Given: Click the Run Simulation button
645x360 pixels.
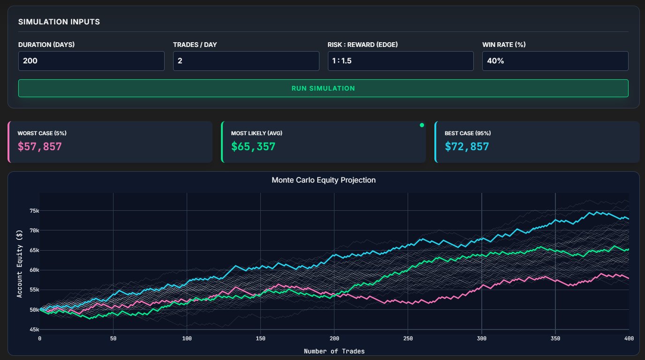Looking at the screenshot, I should (x=323, y=88).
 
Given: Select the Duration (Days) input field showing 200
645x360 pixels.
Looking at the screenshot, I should (x=91, y=61).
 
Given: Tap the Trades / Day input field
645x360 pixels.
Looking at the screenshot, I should (x=246, y=61).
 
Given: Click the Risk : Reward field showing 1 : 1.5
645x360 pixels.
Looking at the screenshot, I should (x=400, y=61).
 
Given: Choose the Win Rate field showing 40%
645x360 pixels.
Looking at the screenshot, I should (x=555, y=61).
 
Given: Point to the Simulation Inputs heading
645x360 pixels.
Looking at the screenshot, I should (x=59, y=22).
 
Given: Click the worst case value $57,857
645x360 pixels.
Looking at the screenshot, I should (x=40, y=146).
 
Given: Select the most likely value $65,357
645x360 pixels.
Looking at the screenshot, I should (x=253, y=146).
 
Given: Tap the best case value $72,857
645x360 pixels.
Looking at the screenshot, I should (x=467, y=146).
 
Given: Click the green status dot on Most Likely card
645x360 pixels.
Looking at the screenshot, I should (x=422, y=125).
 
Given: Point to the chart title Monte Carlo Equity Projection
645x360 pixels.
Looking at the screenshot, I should (x=324, y=180).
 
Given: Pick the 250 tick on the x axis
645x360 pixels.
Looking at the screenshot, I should (x=408, y=338).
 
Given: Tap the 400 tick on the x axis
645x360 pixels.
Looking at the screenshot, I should (x=628, y=338).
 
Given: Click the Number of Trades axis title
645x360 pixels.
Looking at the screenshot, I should (x=334, y=351).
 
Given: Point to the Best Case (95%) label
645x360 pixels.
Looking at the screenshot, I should (x=468, y=133).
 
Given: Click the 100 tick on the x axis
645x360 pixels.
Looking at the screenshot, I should (x=187, y=338).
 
